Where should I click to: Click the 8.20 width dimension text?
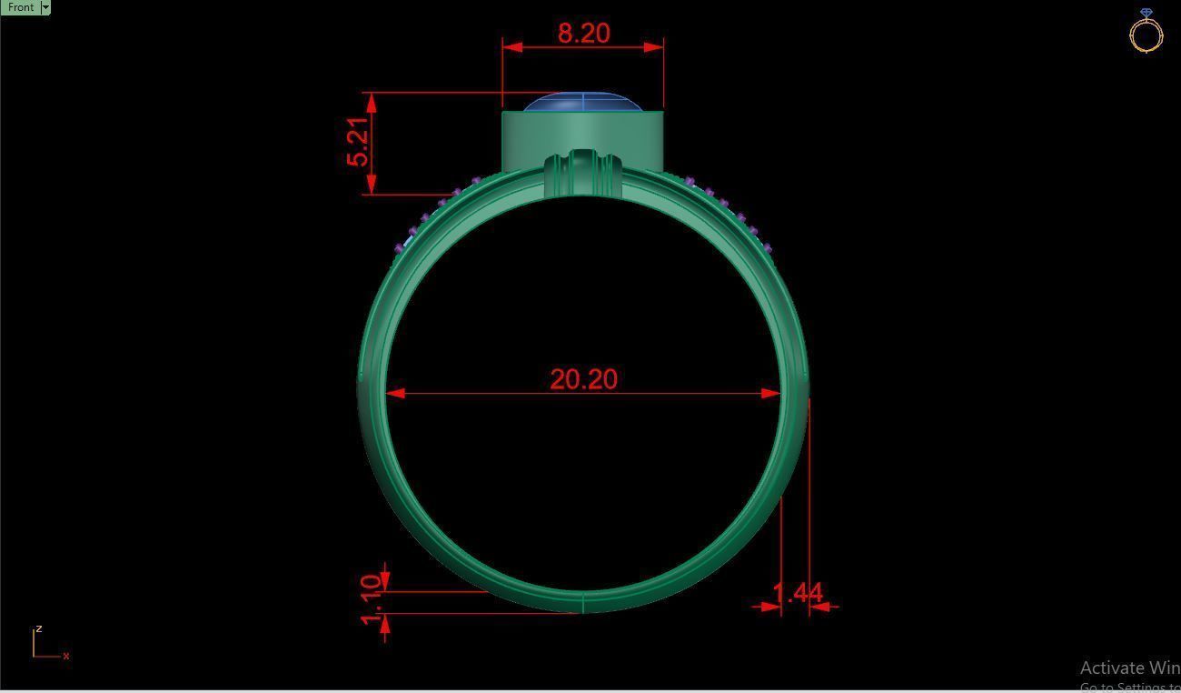tap(583, 34)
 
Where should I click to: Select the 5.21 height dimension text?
tap(359, 143)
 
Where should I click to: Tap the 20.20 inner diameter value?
tap(583, 379)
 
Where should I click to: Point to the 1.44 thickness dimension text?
tap(797, 593)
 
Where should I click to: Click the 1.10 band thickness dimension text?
tap(371, 599)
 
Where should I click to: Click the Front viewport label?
tap(20, 7)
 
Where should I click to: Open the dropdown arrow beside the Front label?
tap(45, 7)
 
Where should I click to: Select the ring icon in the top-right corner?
tap(1146, 31)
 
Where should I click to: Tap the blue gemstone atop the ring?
tap(582, 103)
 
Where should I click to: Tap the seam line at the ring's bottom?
tap(582, 602)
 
